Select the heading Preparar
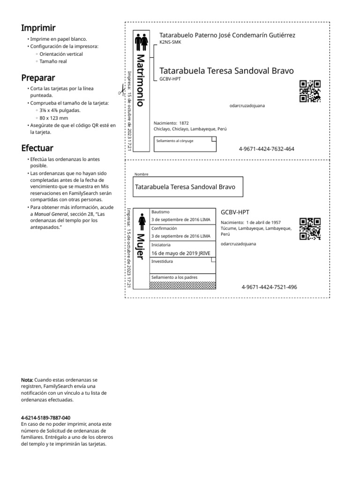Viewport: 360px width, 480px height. pos(38,77)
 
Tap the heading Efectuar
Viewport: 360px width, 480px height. pos(37,149)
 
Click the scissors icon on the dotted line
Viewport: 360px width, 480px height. pos(121,90)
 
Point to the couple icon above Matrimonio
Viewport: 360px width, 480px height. pos(142,42)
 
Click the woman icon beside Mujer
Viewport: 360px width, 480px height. pos(141,221)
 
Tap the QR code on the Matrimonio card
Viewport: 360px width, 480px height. pos(310,91)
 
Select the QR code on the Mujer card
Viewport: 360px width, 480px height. pos(310,229)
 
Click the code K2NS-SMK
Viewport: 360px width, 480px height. pos(170,42)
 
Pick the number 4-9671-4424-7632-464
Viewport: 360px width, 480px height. pos(266,149)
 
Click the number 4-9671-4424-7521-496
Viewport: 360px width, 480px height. pos(269,287)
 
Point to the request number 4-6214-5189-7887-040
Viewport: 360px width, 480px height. pos(46,417)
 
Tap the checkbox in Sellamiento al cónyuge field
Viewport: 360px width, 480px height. pos(214,139)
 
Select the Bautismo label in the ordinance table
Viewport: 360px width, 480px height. pos(160,212)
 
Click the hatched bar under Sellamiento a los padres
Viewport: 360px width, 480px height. pos(183,285)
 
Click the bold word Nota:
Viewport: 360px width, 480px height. pos(27,379)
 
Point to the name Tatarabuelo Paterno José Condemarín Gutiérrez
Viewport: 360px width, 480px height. pos(227,35)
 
